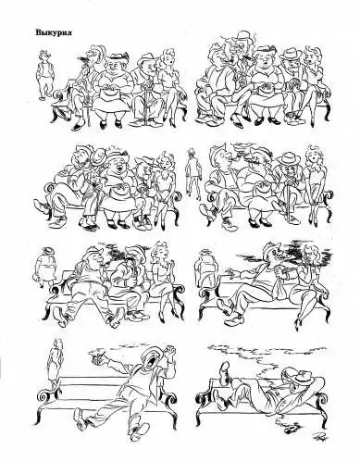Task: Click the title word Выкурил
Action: click(x=54, y=32)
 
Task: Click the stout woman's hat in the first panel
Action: click(x=117, y=56)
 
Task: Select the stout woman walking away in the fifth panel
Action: click(x=44, y=267)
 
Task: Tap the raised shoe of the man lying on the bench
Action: click(x=225, y=368)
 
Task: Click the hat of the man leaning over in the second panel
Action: click(x=242, y=34)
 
